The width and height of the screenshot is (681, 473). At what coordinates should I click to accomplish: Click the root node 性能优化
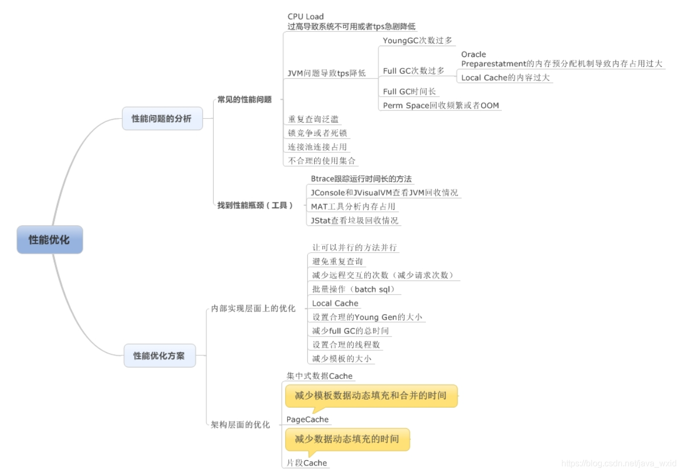point(49,239)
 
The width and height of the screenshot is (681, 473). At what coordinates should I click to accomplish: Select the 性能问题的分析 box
point(162,118)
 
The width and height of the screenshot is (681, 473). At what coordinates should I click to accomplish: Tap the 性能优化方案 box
point(159,356)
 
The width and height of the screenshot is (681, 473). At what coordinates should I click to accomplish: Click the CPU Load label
point(306,16)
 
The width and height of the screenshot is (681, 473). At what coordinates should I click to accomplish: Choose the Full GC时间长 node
point(409,92)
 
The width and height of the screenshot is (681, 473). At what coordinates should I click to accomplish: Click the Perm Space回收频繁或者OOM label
point(441,106)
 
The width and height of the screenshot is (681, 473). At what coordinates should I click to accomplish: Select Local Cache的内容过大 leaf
point(505,78)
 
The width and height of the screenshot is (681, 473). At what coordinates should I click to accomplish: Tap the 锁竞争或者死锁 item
point(317,133)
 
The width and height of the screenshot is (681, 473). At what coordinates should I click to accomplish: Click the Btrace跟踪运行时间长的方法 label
point(361,179)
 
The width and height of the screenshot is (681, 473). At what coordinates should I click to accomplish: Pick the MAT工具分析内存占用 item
point(353,207)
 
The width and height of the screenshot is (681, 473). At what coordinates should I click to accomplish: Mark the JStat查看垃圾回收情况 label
point(355,220)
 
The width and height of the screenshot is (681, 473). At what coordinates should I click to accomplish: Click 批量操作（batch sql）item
point(355,289)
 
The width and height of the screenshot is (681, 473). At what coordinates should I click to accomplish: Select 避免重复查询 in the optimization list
point(338,262)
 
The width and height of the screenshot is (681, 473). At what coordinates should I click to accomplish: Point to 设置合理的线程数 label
point(346,345)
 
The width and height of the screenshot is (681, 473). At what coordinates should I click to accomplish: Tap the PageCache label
point(307,419)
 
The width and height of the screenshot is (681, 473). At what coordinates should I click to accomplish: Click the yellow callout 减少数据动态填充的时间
point(347,439)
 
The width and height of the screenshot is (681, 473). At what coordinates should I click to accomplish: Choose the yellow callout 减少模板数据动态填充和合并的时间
point(371,395)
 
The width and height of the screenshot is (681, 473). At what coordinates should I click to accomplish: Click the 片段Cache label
point(307,463)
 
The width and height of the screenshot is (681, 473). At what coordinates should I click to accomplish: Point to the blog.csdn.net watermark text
point(619,463)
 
